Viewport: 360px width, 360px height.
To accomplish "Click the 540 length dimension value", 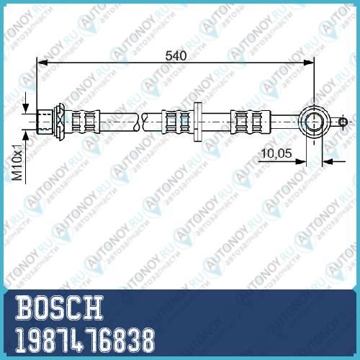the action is tap(176, 55).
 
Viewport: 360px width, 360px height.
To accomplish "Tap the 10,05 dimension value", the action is tap(276, 153).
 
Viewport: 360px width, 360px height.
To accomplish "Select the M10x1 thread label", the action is tap(18, 163).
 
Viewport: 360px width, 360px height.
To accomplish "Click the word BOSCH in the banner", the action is tap(59, 307).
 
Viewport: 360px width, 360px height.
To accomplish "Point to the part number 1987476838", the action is tap(85, 341).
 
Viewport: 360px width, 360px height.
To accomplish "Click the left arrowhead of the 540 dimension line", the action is tap(42, 63).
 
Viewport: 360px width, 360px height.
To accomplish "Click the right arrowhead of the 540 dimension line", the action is tap(309, 63).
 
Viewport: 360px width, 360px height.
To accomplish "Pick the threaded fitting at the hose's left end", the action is tap(45, 122).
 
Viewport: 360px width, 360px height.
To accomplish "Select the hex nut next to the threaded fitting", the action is tap(59, 122).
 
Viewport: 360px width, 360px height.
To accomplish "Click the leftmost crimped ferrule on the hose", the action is tap(86, 122).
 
